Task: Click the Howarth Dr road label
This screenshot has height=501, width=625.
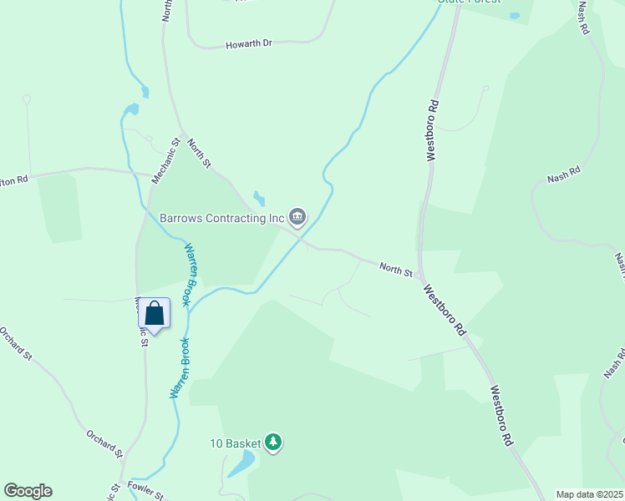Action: click(x=249, y=44)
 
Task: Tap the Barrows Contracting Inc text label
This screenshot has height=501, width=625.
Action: click(x=223, y=219)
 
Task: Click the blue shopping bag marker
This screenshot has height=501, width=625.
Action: click(x=154, y=314)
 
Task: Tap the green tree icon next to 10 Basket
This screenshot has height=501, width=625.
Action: click(x=273, y=442)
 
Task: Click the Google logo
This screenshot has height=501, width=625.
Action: click(x=28, y=491)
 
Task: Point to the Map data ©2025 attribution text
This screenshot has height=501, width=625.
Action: click(x=588, y=494)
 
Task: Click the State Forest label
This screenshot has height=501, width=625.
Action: click(x=470, y=2)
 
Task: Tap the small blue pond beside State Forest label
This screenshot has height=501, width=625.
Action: click(x=515, y=16)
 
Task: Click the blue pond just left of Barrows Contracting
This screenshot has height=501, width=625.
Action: click(x=259, y=199)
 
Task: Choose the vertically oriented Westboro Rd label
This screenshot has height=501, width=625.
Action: click(x=432, y=130)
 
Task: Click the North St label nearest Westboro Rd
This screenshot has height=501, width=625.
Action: click(x=396, y=269)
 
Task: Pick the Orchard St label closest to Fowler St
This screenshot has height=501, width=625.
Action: click(x=104, y=443)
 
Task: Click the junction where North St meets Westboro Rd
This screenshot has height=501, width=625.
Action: click(x=421, y=278)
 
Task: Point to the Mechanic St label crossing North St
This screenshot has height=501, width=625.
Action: click(x=165, y=161)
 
